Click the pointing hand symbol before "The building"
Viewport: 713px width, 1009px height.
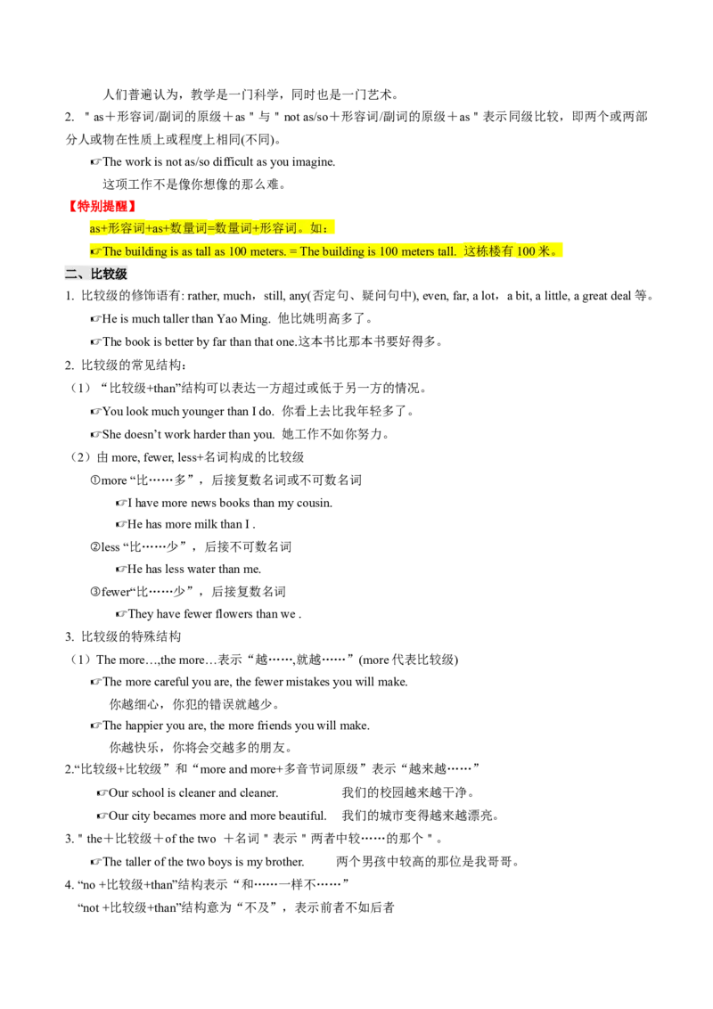[95, 251]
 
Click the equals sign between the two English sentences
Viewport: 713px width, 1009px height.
[293, 251]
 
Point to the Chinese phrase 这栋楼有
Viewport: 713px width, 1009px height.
[488, 251]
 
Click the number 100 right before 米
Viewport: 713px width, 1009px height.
[526, 251]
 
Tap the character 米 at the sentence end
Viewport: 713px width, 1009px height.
[545, 251]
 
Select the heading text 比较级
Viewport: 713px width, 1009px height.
[110, 275]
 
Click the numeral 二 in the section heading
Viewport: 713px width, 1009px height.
[71, 275]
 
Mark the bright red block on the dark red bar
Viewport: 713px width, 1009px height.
[102, 207]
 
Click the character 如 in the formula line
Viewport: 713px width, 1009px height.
[316, 228]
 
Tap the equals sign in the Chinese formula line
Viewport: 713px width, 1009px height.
[210, 228]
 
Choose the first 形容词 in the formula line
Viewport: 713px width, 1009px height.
[126, 228]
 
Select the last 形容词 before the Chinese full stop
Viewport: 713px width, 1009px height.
[278, 228]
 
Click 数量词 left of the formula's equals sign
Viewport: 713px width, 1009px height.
[188, 228]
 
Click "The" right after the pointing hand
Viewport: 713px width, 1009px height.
[112, 251]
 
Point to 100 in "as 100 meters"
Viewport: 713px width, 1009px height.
[237, 251]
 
